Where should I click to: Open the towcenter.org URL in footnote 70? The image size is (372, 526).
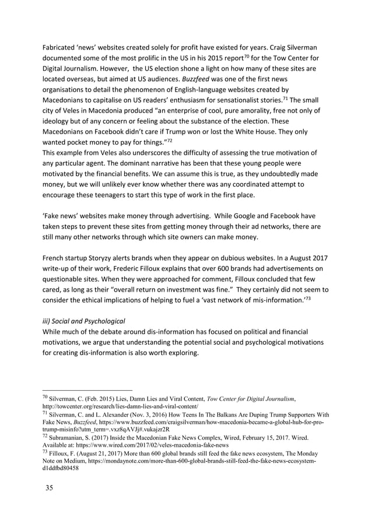pos(120,406)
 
